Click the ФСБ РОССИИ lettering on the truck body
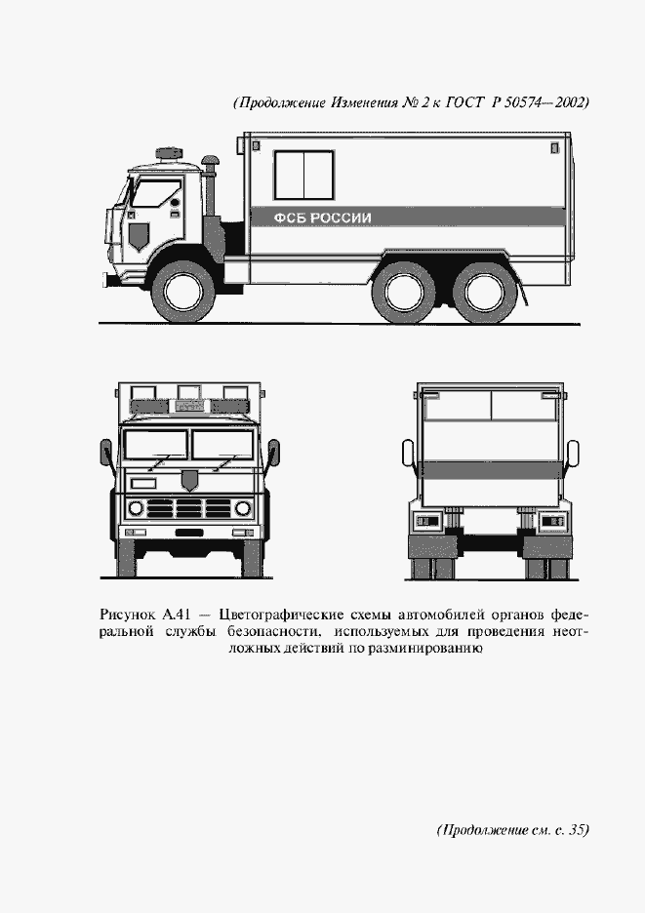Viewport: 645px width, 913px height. pos(323,218)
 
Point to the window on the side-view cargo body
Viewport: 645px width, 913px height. pos(303,175)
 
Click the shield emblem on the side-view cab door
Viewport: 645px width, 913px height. pos(138,233)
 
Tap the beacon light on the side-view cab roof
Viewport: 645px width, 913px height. pos(170,153)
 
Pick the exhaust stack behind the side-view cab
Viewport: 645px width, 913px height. pos(208,176)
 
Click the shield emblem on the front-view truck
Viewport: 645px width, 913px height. pos(190,480)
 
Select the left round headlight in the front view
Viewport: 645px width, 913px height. pos(137,508)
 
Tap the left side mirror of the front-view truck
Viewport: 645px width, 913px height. pos(104,454)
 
